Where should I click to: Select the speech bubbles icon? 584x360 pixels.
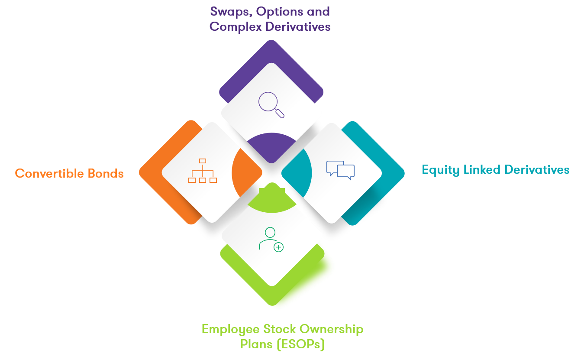pyautogui.click(x=340, y=170)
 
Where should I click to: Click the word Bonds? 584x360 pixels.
pyautogui.click(x=106, y=173)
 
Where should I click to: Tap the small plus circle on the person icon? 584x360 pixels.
pyautogui.click(x=278, y=247)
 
